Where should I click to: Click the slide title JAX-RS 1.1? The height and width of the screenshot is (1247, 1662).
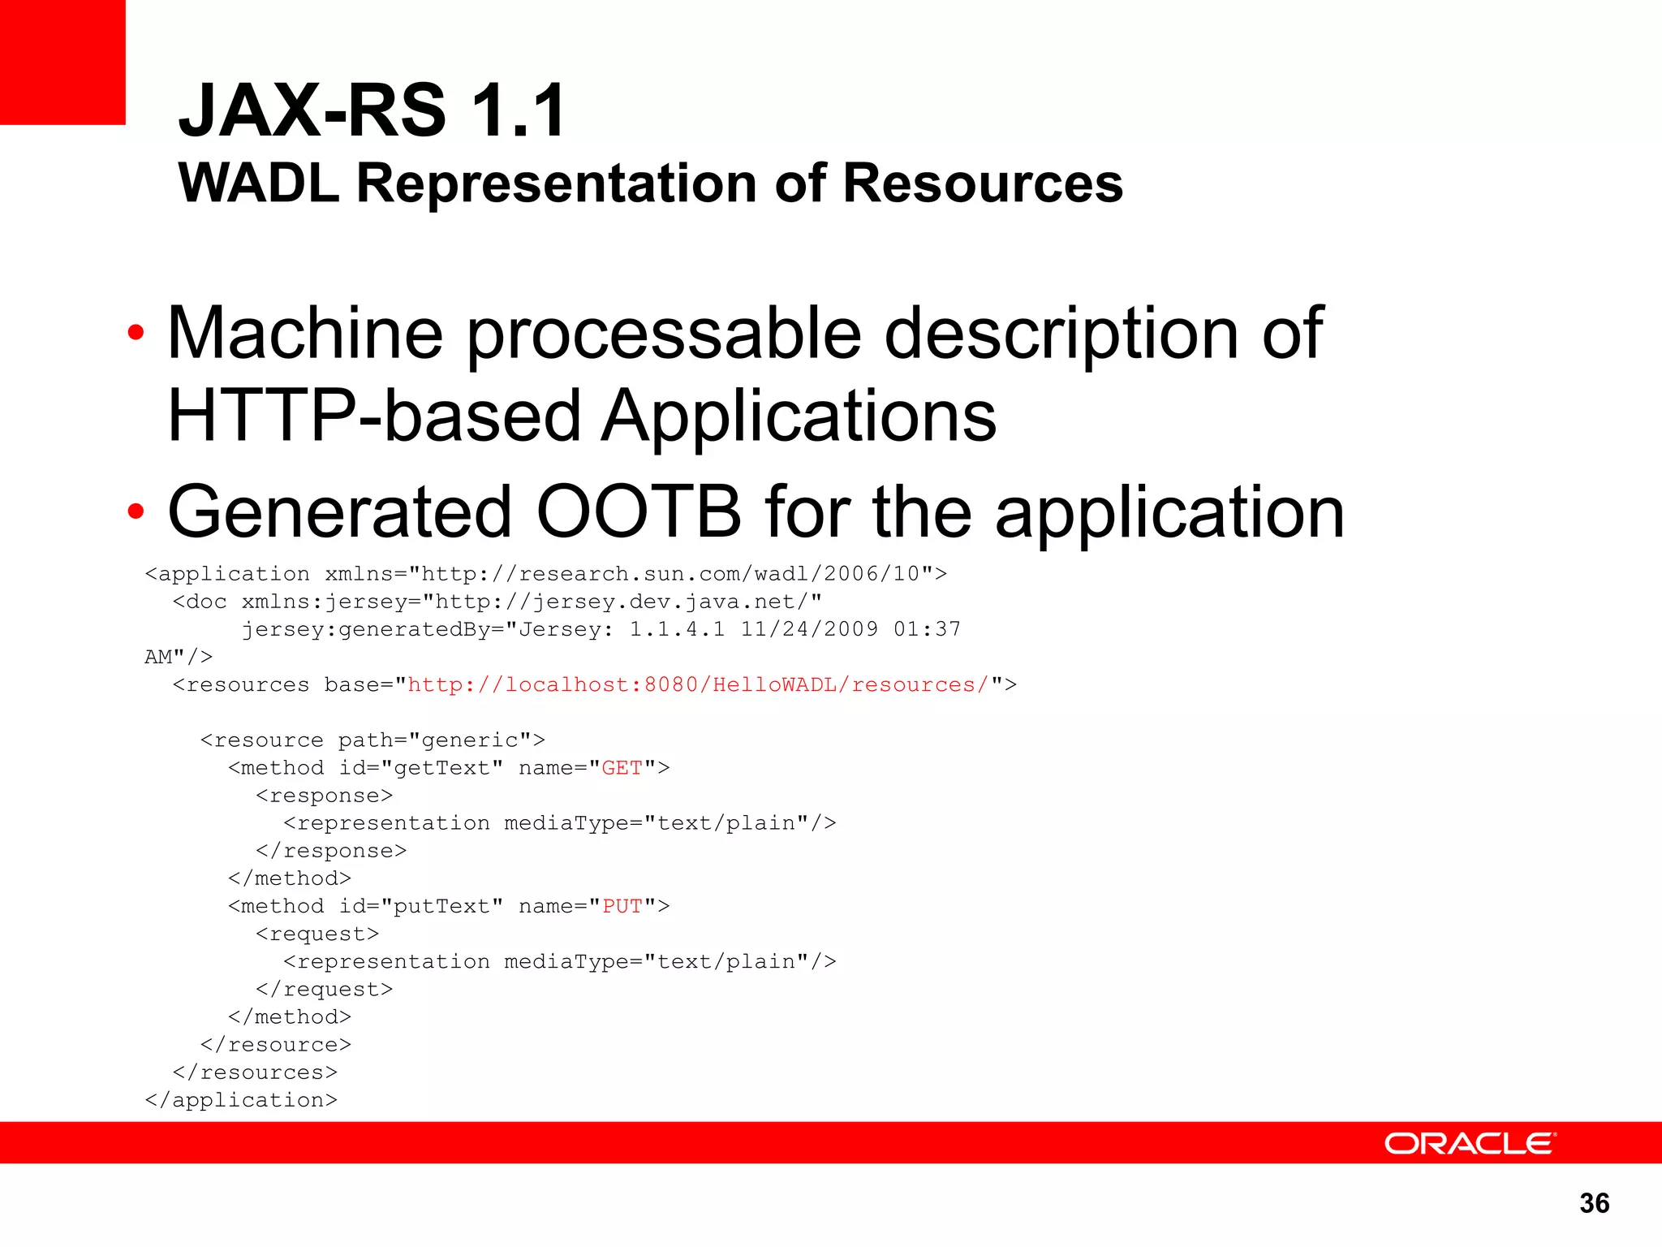coord(372,111)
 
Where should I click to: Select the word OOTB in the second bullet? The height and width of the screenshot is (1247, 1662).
coord(639,511)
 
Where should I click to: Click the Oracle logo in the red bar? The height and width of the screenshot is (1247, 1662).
coord(1470,1143)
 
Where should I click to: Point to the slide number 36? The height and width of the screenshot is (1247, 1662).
coord(1594,1203)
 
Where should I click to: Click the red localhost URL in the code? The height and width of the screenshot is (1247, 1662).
coord(698,685)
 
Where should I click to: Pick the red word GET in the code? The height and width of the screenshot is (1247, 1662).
coord(622,768)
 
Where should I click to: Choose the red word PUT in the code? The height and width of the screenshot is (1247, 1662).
coord(622,906)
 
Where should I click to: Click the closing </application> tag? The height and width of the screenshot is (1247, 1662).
coord(241,1100)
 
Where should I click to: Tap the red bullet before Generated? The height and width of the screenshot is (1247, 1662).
coord(136,511)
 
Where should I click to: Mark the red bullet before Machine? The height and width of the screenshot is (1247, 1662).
coord(136,332)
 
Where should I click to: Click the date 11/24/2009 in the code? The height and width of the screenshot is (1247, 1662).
coord(809,629)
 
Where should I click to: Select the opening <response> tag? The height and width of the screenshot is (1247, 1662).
coord(325,796)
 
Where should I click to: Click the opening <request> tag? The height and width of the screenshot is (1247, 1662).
coord(317,934)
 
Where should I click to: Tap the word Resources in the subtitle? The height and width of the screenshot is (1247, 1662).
coord(983,183)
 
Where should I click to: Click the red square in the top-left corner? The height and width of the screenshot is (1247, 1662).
coord(62,62)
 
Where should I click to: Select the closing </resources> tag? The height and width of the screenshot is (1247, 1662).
coord(255,1072)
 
